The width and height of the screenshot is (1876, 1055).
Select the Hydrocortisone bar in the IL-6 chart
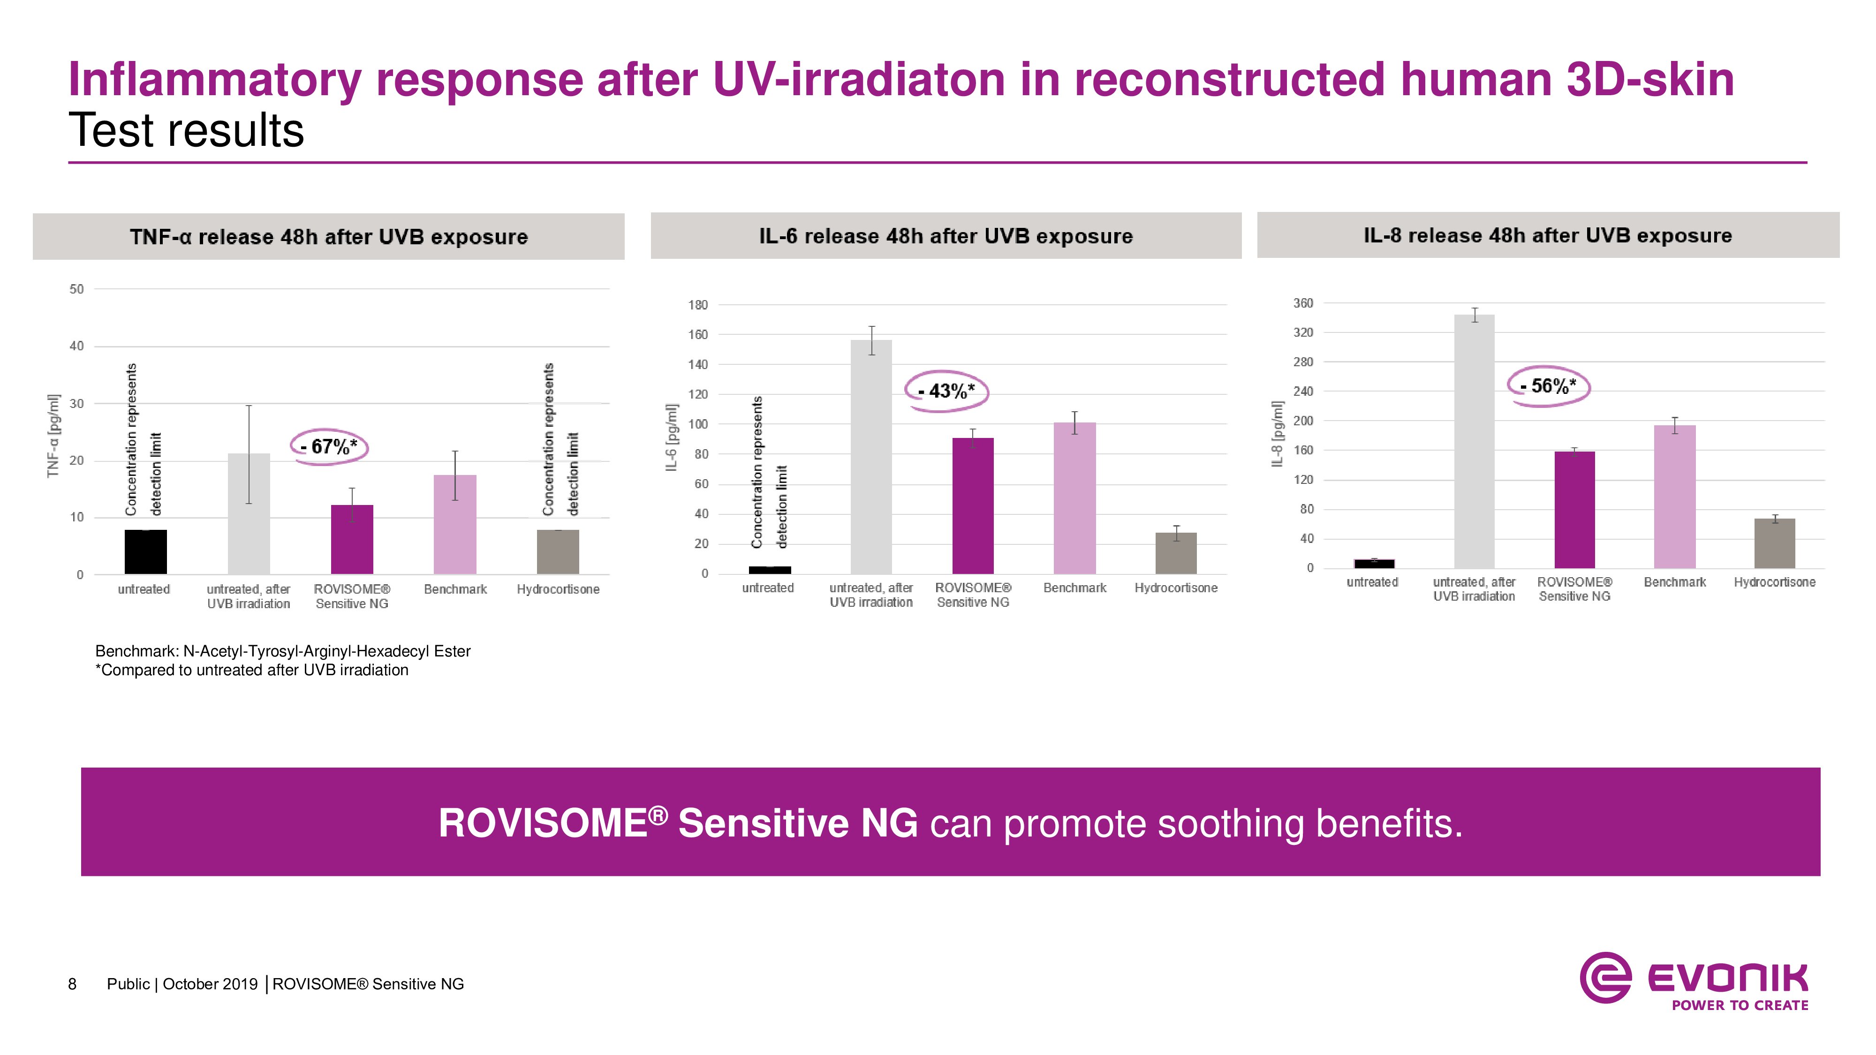[1175, 553]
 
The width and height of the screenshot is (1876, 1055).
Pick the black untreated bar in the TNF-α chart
[146, 552]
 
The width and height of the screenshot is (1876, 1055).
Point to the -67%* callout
[330, 446]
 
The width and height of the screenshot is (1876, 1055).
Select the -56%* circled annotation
[1548, 386]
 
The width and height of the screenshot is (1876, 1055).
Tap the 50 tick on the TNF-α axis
[76, 289]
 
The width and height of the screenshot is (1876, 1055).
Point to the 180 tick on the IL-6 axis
[698, 305]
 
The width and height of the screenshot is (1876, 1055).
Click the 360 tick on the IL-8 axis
[1303, 303]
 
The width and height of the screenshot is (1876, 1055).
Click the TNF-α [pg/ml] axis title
[53, 436]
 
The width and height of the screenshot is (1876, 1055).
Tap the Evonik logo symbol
[1605, 978]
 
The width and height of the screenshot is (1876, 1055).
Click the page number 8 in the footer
[72, 984]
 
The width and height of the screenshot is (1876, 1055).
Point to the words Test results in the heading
[187, 131]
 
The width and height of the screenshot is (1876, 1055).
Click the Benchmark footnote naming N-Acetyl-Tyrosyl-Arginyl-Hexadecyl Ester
[282, 651]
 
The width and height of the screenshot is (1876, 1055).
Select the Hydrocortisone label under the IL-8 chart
[1774, 582]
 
